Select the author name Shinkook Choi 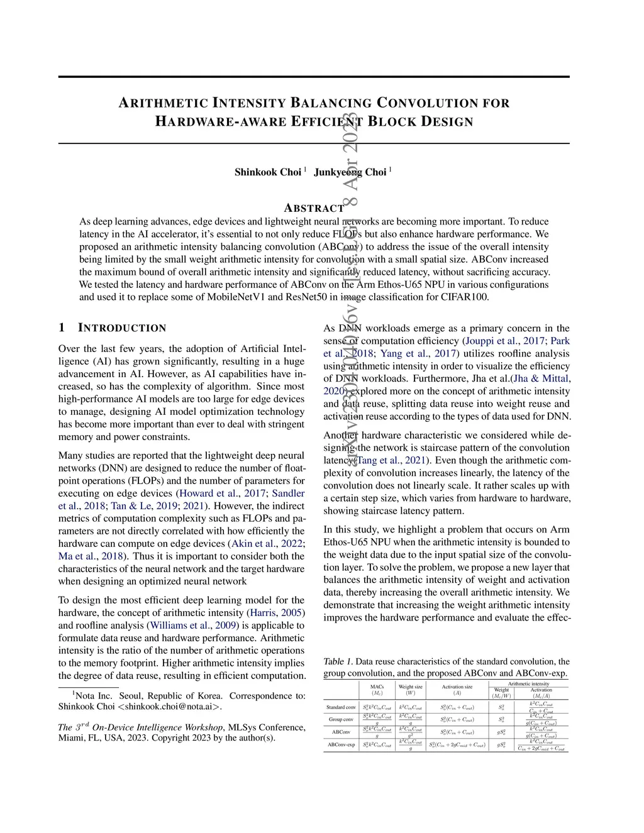268,172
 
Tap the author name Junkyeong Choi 350,172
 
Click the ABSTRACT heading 314,208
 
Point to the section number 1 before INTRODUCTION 62,328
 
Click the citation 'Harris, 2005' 277,613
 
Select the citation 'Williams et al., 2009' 192,626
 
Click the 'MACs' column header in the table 377,687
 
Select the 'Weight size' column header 411,687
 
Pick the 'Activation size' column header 457,687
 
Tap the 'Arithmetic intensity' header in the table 528,683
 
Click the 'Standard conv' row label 341,707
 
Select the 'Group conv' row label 341,719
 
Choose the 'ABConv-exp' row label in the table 341,745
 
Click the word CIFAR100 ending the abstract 466,297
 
